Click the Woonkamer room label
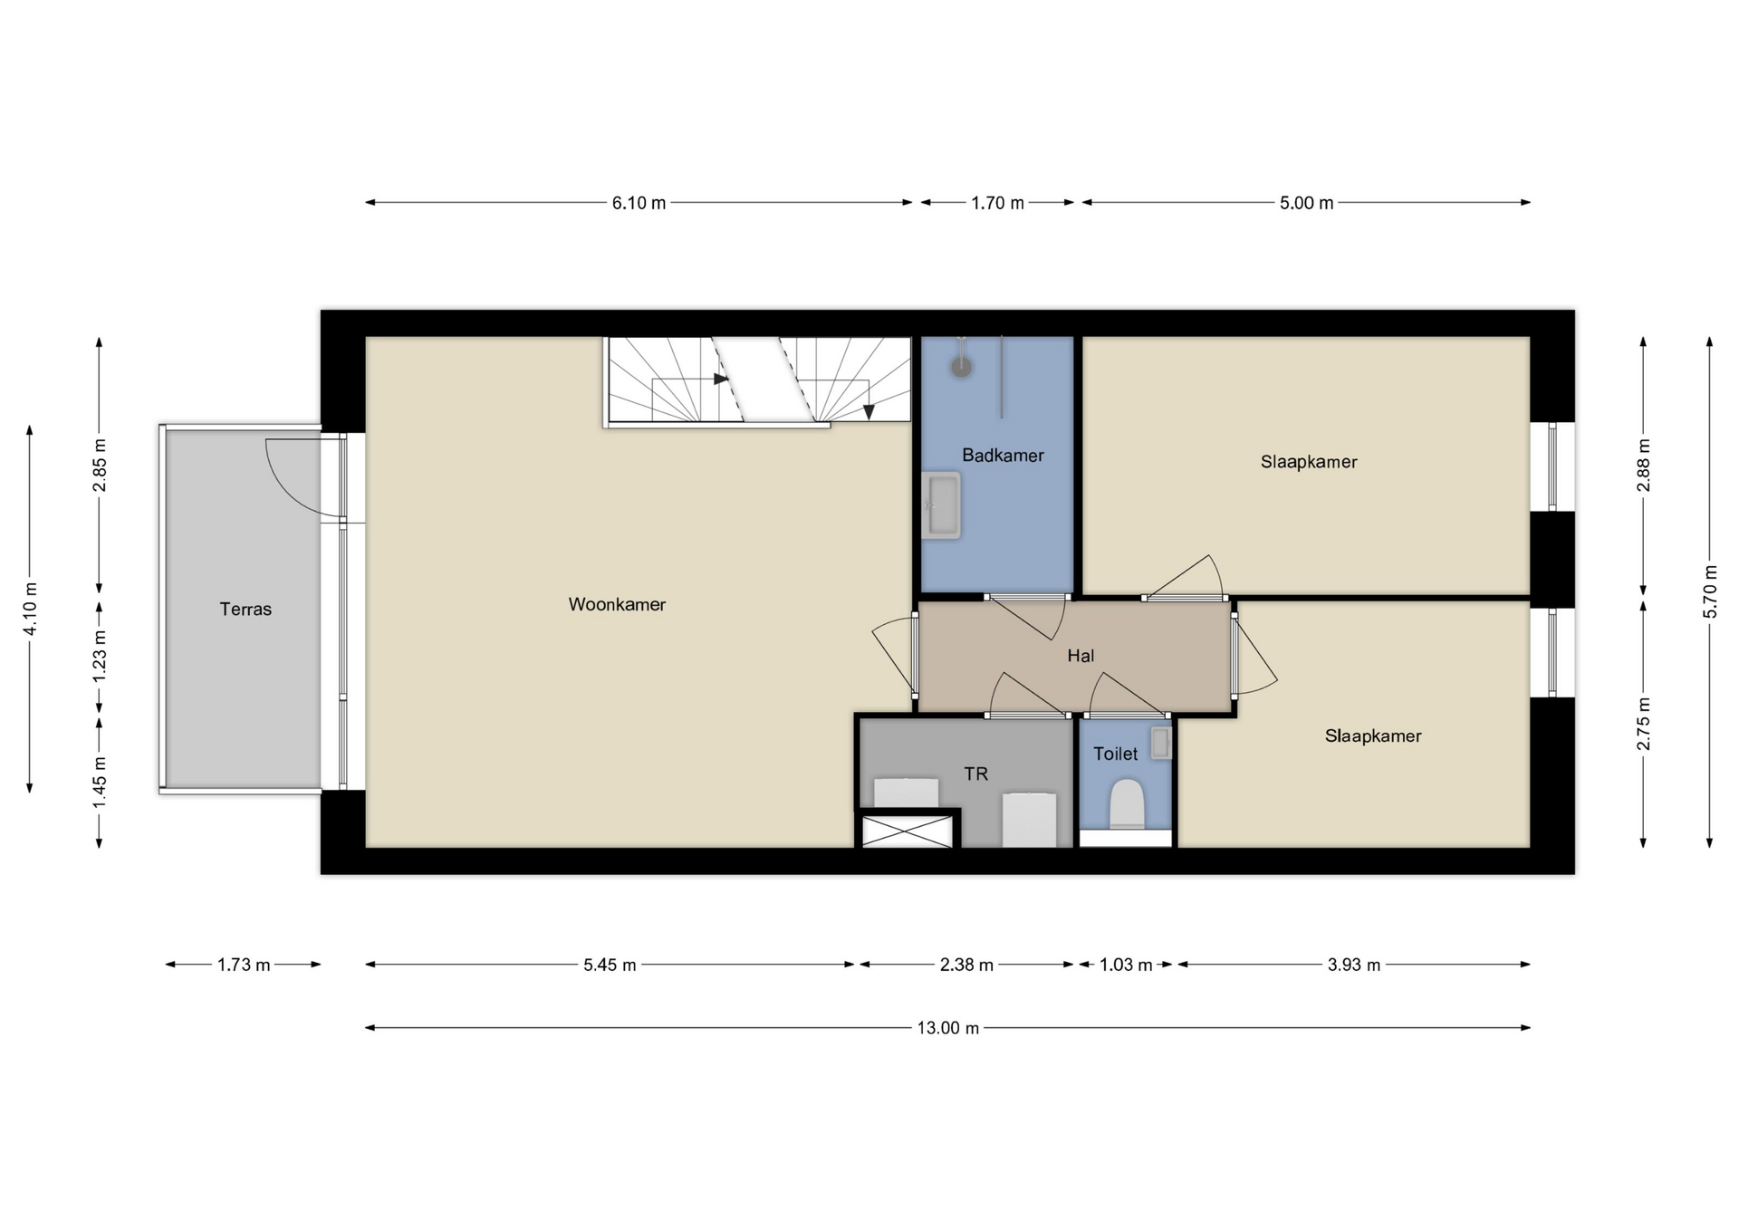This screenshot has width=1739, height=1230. point(617,604)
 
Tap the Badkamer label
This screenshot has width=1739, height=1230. point(1003,456)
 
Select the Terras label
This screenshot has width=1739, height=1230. point(245,610)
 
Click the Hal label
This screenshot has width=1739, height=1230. point(1081,656)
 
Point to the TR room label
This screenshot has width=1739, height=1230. point(975,774)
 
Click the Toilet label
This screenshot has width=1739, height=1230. point(1115,754)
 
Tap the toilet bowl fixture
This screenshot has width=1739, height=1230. point(1127,804)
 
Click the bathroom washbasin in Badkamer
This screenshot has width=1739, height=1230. point(941,505)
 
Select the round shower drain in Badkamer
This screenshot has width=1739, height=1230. point(961,367)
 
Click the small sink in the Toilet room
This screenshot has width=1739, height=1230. point(1161,744)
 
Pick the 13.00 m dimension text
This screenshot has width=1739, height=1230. point(947,1028)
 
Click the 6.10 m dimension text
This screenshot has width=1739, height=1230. point(639,203)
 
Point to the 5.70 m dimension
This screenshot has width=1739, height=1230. point(1710,592)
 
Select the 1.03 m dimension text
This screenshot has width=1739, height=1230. point(1126,965)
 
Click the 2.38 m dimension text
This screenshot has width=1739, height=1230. point(966,965)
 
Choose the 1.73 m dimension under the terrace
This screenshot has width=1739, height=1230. point(244,965)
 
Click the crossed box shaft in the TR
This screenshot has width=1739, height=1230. point(907,831)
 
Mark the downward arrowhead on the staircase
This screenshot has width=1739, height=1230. point(869,411)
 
